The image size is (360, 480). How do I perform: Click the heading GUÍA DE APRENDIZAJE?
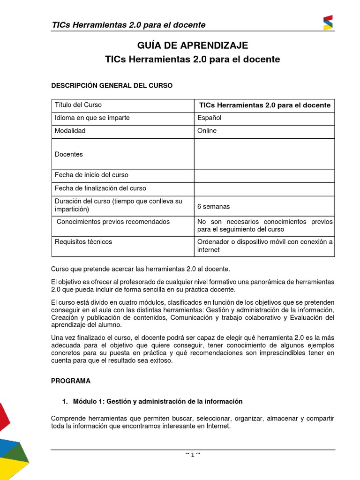(x=192, y=45)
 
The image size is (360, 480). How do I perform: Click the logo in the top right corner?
(x=328, y=22)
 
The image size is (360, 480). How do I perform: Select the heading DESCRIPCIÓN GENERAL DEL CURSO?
(x=112, y=85)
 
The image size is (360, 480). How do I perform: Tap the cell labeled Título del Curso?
(x=78, y=105)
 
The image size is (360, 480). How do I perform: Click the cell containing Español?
(x=210, y=118)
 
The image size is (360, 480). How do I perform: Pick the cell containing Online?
(x=207, y=131)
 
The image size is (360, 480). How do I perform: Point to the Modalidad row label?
(x=70, y=131)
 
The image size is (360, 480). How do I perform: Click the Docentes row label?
(x=69, y=154)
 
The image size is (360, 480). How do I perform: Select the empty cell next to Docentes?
(x=264, y=154)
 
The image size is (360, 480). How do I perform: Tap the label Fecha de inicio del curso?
(x=91, y=175)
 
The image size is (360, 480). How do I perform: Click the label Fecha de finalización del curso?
(x=100, y=188)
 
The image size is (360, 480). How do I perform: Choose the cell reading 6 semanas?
(x=214, y=207)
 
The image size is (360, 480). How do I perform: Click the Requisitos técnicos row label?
(x=83, y=242)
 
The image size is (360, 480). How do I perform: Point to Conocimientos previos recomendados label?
(x=113, y=222)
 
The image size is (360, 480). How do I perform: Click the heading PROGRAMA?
(x=71, y=381)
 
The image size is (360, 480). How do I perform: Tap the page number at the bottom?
(x=193, y=455)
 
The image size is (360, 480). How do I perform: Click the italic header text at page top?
(x=128, y=25)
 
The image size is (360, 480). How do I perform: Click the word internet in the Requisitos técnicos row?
(x=208, y=250)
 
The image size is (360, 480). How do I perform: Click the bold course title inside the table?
(x=265, y=105)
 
